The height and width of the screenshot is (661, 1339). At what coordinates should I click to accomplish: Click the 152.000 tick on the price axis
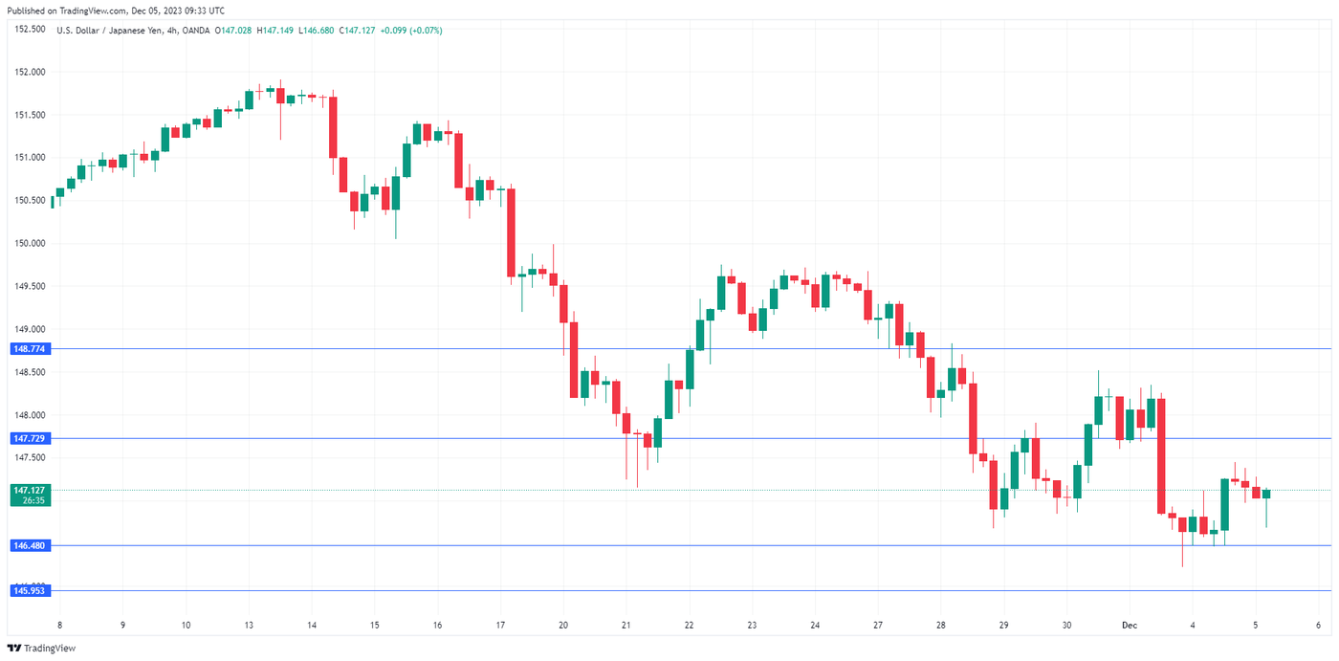tap(31, 72)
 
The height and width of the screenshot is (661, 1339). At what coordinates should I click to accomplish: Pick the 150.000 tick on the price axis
tap(31, 243)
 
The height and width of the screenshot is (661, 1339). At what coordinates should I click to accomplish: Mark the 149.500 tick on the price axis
tap(31, 286)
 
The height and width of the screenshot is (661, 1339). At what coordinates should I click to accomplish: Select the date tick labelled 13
tap(249, 626)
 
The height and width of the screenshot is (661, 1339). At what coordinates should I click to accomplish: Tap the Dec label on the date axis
tap(1130, 626)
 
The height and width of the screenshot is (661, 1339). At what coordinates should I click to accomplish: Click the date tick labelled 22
tap(689, 626)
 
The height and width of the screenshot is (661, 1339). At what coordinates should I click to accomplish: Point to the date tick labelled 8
tap(59, 626)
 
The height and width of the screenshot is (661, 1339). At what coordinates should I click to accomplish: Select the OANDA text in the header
tap(195, 31)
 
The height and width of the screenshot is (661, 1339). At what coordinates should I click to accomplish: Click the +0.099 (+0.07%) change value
tap(411, 31)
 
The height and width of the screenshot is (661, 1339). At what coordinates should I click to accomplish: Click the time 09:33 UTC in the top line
tap(205, 11)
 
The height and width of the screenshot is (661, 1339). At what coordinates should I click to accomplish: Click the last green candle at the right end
tap(1266, 494)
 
